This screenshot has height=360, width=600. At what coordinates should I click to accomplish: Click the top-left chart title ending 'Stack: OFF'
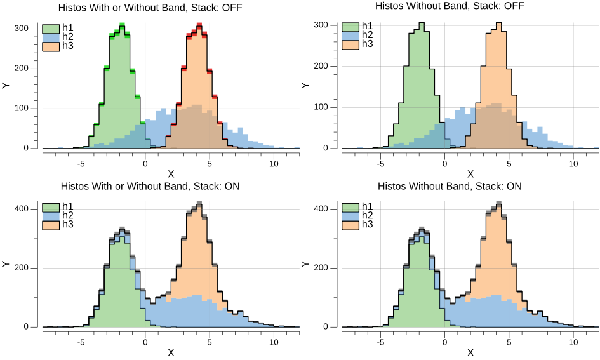(150, 8)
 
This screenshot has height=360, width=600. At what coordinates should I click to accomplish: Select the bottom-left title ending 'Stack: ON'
(150, 187)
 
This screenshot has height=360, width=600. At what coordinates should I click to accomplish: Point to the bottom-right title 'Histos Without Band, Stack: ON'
(450, 187)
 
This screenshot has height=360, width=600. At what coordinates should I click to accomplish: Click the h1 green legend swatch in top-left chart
(51, 29)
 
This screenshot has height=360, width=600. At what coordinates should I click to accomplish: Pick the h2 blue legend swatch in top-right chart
(350, 35)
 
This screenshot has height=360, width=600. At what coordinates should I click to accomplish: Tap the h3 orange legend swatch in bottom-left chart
(51, 225)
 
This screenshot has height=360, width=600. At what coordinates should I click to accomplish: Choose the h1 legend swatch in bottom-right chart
(350, 206)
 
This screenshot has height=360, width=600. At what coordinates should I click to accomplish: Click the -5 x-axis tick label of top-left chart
(81, 163)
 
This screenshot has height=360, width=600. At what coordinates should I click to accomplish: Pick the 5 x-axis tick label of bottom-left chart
(210, 342)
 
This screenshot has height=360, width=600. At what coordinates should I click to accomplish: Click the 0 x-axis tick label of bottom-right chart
(445, 342)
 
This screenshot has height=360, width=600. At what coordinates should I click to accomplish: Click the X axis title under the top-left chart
(171, 174)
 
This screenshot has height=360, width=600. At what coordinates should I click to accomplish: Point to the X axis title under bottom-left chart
(171, 352)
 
